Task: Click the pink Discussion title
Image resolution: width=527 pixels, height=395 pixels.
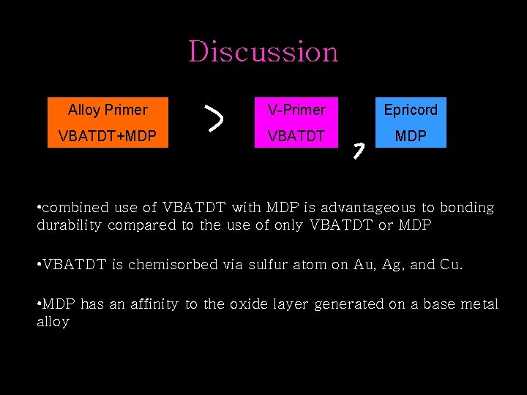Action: tap(263, 52)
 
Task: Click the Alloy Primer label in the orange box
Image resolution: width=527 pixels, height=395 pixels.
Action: tap(108, 110)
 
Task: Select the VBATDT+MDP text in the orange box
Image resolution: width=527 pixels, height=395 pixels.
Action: tap(108, 136)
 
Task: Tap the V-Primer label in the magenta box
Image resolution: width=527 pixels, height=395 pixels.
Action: tap(296, 110)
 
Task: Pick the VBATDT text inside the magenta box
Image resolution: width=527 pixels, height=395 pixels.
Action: tap(296, 136)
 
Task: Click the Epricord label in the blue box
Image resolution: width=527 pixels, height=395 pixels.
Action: tap(411, 110)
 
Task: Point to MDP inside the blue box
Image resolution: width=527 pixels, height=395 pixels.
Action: tap(411, 136)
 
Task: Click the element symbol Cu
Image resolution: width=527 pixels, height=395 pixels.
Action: tap(451, 265)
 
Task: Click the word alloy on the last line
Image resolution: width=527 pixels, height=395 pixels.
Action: tap(53, 322)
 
